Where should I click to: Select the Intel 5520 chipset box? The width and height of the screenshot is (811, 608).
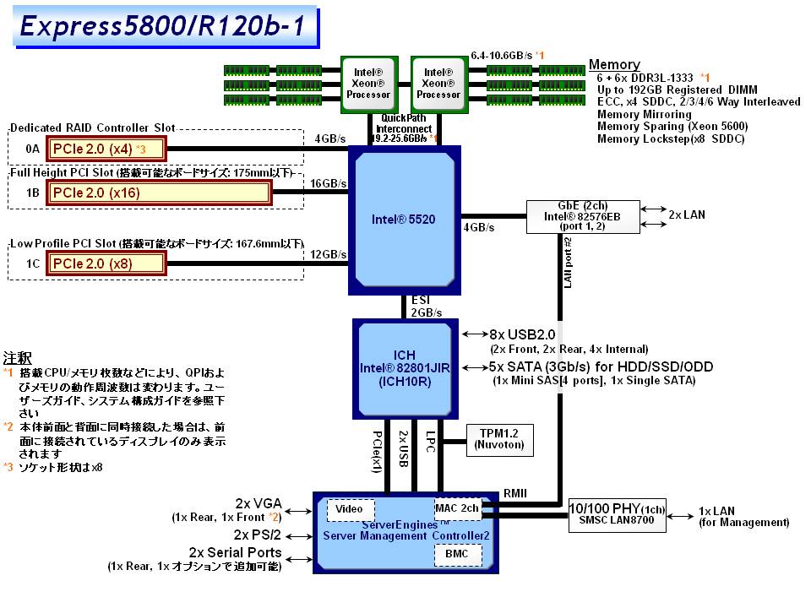pyautogui.click(x=404, y=220)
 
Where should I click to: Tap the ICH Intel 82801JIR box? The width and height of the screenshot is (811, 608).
pyautogui.click(x=404, y=368)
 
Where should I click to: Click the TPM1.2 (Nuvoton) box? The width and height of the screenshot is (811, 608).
pyautogui.click(x=499, y=437)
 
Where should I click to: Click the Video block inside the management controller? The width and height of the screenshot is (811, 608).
pyautogui.click(x=350, y=508)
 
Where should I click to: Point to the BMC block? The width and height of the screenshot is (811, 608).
pyautogui.click(x=458, y=555)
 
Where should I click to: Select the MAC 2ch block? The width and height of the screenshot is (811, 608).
pyautogui.click(x=457, y=508)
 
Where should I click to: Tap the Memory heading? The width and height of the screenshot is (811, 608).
pyautogui.click(x=614, y=65)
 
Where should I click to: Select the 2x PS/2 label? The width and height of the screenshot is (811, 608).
pyautogui.click(x=258, y=535)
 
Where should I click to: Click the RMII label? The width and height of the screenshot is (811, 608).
pyautogui.click(x=515, y=493)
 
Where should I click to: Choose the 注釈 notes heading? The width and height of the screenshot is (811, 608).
pyautogui.click(x=18, y=356)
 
